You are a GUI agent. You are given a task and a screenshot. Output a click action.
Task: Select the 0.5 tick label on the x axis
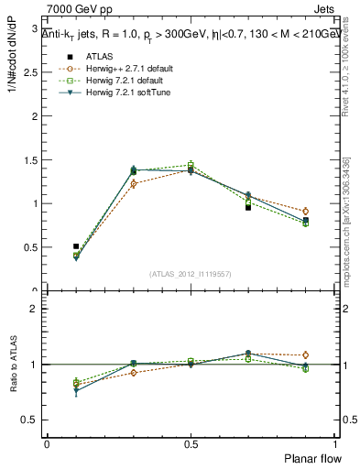pyautogui.click(x=191, y=444)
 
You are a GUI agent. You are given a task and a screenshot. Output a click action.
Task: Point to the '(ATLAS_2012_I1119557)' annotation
pyautogui.click(x=191, y=274)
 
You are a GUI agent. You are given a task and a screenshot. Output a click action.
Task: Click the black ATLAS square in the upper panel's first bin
pyautogui.click(x=76, y=246)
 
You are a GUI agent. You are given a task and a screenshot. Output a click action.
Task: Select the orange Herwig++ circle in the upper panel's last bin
pyautogui.click(x=306, y=211)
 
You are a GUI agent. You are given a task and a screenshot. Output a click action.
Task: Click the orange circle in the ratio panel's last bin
pyautogui.click(x=306, y=354)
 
